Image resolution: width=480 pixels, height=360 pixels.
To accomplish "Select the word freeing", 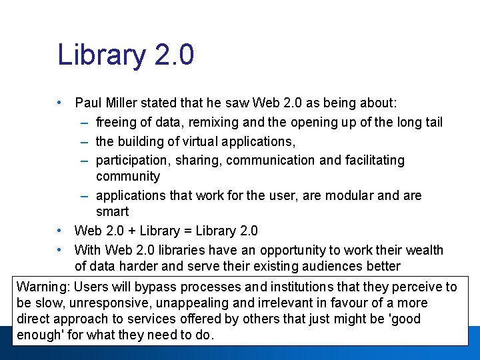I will [x=117, y=123].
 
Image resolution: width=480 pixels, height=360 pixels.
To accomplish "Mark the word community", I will [x=128, y=177].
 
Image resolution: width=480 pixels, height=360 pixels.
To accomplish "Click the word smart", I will [x=112, y=212].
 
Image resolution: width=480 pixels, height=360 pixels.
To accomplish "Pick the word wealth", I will [x=424, y=251].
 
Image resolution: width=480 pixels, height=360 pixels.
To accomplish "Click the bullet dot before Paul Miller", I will [x=60, y=103].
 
